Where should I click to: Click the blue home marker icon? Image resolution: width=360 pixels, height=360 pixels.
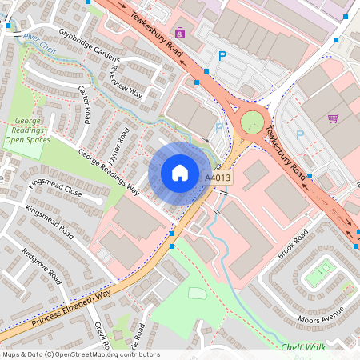pos(180,173)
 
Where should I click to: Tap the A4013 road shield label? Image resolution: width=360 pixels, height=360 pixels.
pos(218,178)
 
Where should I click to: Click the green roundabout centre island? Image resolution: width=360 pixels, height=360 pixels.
pos(252,122)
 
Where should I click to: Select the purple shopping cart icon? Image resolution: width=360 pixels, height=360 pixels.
pos(333,118)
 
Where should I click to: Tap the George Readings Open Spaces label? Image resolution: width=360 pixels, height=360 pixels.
pos(28,130)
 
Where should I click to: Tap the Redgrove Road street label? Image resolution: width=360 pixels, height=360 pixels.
pos(42,266)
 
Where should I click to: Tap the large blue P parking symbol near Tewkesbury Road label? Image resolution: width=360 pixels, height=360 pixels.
pos(222,56)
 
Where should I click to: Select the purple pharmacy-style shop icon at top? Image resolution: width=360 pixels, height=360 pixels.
pos(181,33)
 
